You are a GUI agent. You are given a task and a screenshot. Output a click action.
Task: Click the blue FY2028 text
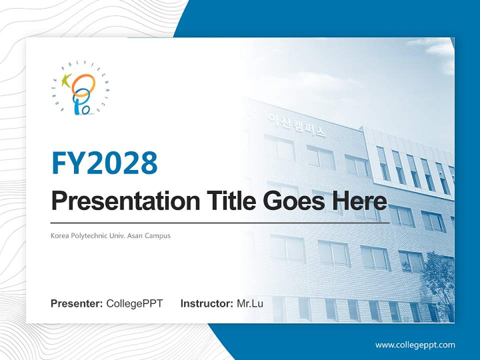tap(104, 162)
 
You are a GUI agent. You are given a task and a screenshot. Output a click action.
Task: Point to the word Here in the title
tap(359, 201)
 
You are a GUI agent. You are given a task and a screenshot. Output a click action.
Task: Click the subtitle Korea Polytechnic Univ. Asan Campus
tap(110, 235)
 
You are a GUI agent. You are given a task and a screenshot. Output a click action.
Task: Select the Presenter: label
tap(77, 303)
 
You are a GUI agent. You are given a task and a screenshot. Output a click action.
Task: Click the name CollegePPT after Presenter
tap(134, 303)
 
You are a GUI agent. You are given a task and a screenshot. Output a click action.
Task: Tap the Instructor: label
tap(206, 303)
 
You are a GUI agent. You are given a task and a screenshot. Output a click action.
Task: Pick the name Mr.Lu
tap(250, 303)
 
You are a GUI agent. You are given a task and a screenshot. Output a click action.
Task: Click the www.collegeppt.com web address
tap(415, 345)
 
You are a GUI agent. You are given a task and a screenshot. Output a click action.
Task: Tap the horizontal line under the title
tap(220, 223)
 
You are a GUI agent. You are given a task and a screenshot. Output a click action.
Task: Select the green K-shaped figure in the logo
tap(65, 80)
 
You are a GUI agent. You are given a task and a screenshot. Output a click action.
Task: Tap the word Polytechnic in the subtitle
tap(86, 235)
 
